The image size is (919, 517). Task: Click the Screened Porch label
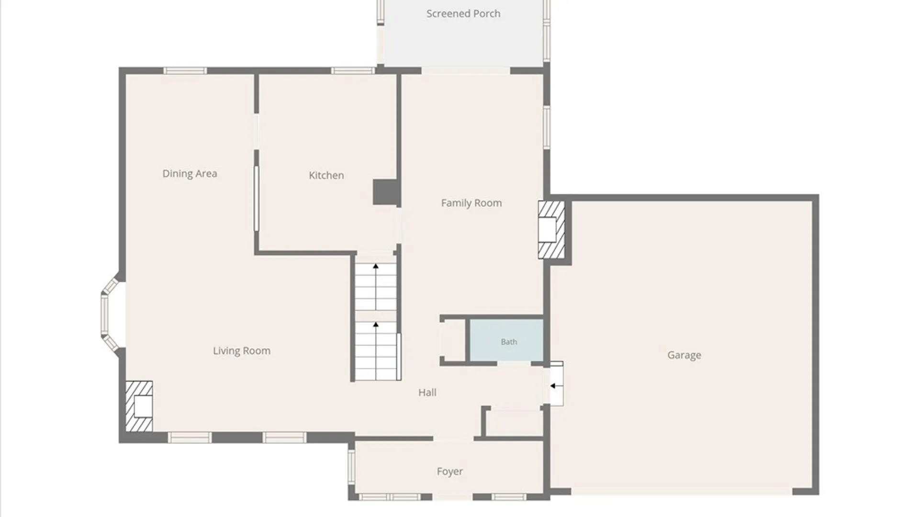point(463,14)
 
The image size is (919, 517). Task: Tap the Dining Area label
point(190,174)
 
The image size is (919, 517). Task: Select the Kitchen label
point(326,175)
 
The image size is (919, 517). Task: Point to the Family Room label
point(471,203)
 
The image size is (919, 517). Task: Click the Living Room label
point(242,351)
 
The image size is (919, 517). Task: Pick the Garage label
point(684,355)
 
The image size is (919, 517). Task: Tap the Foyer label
point(450,472)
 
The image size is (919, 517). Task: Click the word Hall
point(427,393)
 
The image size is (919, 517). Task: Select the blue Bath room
point(506,340)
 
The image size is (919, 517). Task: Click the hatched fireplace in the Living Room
point(139,406)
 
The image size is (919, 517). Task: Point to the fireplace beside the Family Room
point(551,230)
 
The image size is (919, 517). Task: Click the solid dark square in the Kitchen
point(385,192)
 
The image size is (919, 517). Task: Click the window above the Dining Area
point(185,71)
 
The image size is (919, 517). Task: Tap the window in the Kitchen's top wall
point(353,71)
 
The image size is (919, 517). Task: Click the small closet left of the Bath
point(453,340)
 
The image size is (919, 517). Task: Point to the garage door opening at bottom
point(682,491)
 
